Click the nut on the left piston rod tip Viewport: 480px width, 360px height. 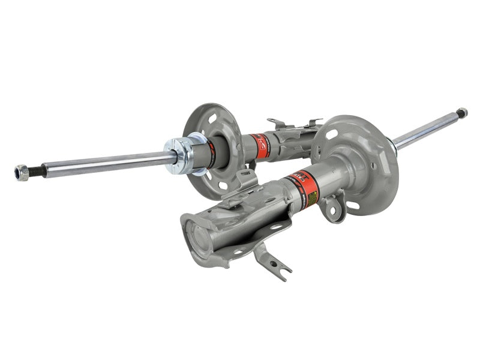click(x=22, y=173)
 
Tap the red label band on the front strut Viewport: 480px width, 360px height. click(x=304, y=187)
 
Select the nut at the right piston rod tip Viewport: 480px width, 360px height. click(x=461, y=112)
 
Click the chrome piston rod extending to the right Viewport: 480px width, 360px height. click(x=426, y=129)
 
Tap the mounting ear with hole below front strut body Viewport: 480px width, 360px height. click(x=331, y=209)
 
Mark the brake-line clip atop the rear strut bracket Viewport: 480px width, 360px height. click(x=294, y=124)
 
